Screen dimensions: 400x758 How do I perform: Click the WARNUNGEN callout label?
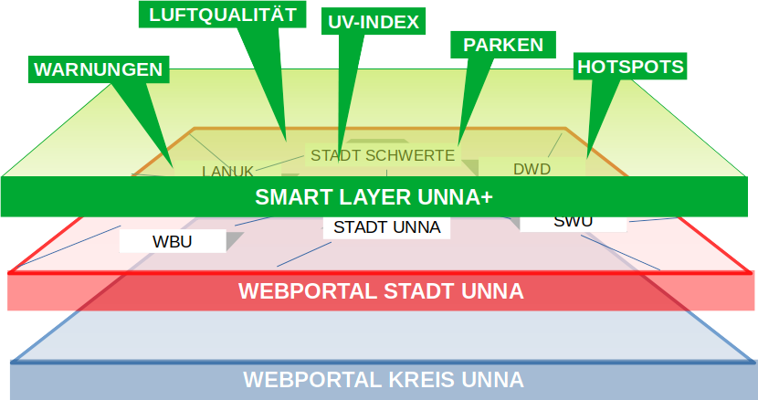(98, 69)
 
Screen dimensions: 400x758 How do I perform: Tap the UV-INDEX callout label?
(373, 22)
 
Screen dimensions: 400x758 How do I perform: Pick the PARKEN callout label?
(503, 44)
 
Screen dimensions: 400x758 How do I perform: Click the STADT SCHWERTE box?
(382, 155)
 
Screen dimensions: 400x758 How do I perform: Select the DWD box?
(532, 167)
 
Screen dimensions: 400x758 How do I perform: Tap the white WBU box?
(173, 241)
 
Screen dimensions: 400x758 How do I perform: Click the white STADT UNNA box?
(387, 226)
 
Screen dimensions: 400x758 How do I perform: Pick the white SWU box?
(573, 221)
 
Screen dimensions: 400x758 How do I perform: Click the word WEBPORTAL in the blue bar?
(309, 379)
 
